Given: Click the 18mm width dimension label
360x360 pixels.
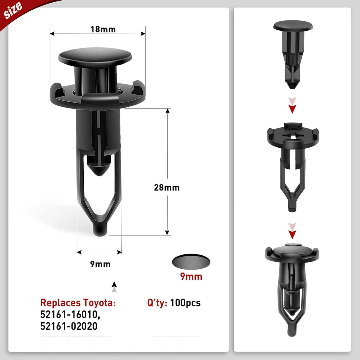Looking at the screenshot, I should pos(103,29).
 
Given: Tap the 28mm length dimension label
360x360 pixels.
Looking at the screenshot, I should pos(167,187).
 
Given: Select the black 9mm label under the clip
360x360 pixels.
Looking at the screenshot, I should pos(100,264).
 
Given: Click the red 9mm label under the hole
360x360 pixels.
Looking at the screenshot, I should pos(191,277).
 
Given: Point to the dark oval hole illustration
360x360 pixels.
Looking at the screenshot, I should pos(191,262).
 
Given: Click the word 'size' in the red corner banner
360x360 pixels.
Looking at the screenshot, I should pos(13,10).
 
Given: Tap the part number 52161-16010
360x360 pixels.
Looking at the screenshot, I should pos(70,315).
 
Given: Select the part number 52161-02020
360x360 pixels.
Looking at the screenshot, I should pos(69,326).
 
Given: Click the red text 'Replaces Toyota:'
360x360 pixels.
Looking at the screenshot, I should pos(78,303).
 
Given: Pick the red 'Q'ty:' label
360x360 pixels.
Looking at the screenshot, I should pos(157,303).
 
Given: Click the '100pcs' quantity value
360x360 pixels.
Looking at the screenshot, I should pos(185,303).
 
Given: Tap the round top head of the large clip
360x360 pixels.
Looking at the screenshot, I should pos(95,56).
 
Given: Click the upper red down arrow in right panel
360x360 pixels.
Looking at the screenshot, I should pos(292,106).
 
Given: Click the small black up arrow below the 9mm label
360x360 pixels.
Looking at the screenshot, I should pos(114,285).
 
